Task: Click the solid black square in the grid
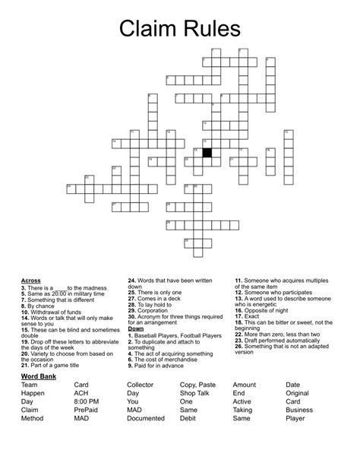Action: click(x=207, y=152)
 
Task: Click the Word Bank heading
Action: click(x=40, y=376)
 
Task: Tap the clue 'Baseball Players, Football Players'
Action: click(x=175, y=335)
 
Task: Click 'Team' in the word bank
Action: click(x=30, y=385)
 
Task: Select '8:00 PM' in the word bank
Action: click(x=87, y=401)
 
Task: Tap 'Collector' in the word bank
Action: click(x=141, y=385)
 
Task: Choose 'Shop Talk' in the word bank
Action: click(x=195, y=393)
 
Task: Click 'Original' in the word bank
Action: click(x=298, y=393)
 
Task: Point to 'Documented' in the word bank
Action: click(x=146, y=418)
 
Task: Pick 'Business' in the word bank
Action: click(x=299, y=410)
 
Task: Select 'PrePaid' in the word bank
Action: click(x=86, y=410)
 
